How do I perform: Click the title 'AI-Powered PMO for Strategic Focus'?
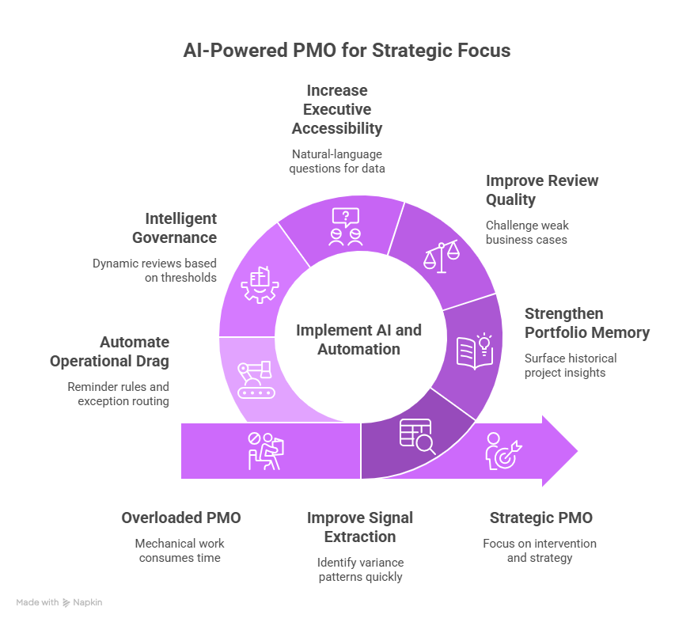(347, 51)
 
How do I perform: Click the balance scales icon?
(442, 255)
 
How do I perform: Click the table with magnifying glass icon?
(417, 435)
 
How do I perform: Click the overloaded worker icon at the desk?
(266, 450)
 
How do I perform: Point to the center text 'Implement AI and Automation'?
(358, 339)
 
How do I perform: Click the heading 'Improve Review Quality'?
(541, 191)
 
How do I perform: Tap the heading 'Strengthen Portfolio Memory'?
(586, 323)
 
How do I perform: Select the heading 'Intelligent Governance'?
(180, 228)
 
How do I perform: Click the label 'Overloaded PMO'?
(180, 518)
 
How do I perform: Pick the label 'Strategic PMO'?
(540, 518)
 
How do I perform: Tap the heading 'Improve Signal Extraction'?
(360, 527)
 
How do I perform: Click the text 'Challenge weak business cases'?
(526, 232)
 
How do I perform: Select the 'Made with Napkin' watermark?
(59, 602)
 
